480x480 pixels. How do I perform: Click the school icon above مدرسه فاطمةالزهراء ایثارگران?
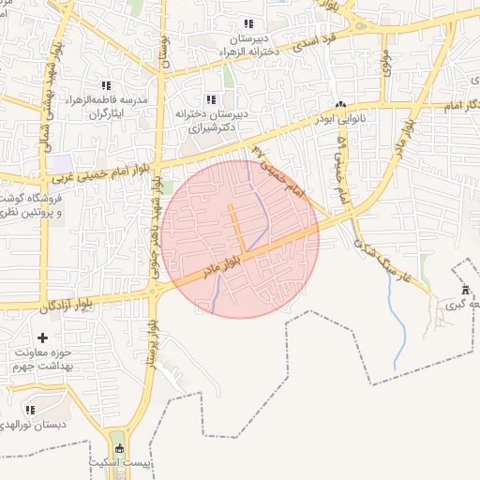(106, 85)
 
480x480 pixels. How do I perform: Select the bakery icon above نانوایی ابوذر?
(341, 105)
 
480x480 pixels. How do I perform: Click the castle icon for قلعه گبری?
(466, 289)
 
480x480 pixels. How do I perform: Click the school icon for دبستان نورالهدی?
(30, 410)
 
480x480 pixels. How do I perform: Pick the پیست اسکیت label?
(116, 463)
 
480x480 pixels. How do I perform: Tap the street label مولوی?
(385, 61)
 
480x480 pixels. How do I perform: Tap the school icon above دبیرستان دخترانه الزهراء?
(247, 23)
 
